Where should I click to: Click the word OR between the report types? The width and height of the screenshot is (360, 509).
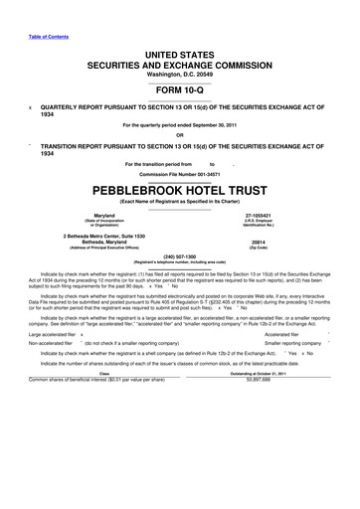pyautogui.click(x=180, y=135)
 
